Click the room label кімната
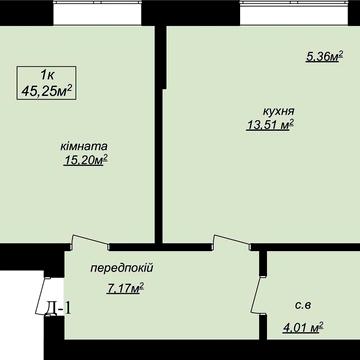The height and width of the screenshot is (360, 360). point(84,146)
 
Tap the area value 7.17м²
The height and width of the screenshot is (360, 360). point(126,288)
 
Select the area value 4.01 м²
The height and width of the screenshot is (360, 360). point(304,325)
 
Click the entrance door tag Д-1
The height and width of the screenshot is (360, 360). point(58,309)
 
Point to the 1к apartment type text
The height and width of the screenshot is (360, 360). point(48,75)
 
